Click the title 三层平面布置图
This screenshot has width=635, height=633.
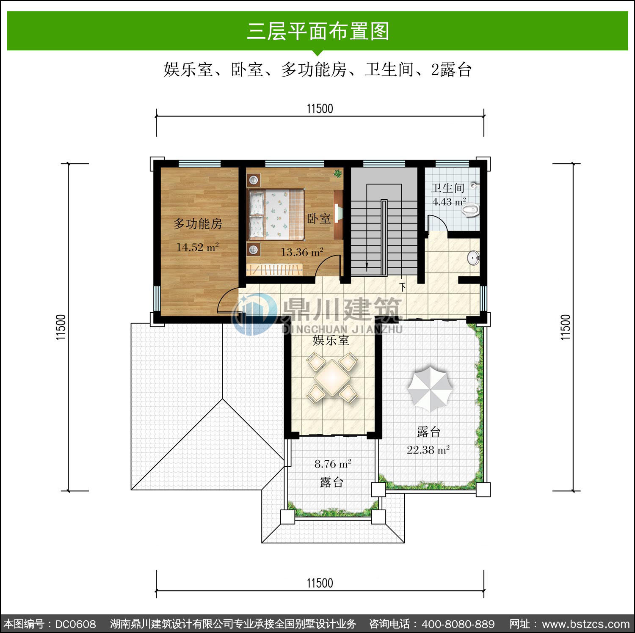pyautogui.click(x=318, y=31)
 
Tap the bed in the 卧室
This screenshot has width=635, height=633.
pyautogui.click(x=276, y=214)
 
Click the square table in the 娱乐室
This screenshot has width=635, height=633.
pyautogui.click(x=332, y=377)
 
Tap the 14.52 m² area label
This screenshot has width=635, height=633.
pyautogui.click(x=197, y=247)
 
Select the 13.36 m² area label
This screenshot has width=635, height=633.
pyautogui.click(x=302, y=252)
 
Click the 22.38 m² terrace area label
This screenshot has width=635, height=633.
pyautogui.click(x=428, y=450)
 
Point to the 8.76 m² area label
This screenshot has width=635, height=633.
pyautogui.click(x=333, y=464)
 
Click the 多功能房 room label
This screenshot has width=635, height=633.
pyautogui.click(x=198, y=223)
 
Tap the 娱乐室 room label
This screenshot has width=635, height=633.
pyautogui.click(x=331, y=340)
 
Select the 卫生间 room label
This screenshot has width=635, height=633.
pyautogui.click(x=448, y=188)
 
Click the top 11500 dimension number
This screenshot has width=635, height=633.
pyautogui.click(x=320, y=109)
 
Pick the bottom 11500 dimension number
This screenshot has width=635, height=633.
pyautogui.click(x=320, y=583)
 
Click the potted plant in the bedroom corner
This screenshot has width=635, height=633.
pyautogui.click(x=338, y=173)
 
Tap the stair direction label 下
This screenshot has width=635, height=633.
pyautogui.click(x=403, y=287)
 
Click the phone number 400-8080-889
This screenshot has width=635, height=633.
pyautogui.click(x=458, y=624)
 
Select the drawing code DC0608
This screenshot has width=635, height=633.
pyautogui.click(x=76, y=624)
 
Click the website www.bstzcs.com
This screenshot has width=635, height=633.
pyautogui.click(x=586, y=624)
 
